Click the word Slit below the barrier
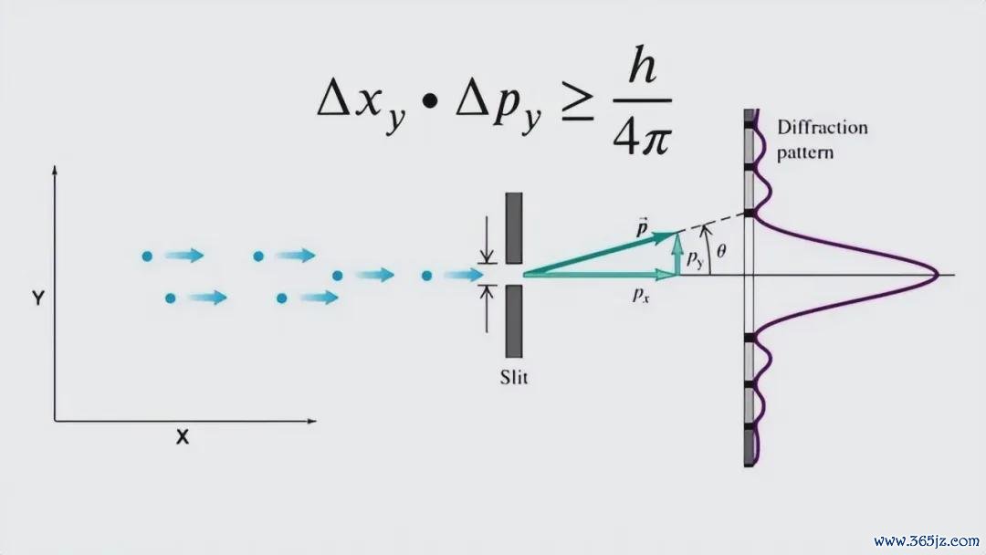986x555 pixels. [x=514, y=377]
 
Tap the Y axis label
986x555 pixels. [x=38, y=298]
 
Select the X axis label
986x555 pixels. [x=183, y=437]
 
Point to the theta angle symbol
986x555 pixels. [x=721, y=251]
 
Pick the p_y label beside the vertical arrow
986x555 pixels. [x=695, y=258]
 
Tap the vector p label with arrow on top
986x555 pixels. [x=642, y=227]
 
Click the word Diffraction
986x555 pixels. [x=823, y=128]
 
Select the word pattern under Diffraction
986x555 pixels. [x=805, y=152]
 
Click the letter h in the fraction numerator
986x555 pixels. [x=643, y=65]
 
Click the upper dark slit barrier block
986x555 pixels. [x=514, y=228]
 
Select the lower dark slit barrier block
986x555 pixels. [x=514, y=320]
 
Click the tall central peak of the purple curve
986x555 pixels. [x=936, y=275]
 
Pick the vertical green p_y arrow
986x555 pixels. [x=677, y=254]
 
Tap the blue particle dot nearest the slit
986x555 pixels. [x=427, y=276]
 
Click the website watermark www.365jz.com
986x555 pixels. [x=927, y=540]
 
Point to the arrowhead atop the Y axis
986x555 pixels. [x=55, y=170]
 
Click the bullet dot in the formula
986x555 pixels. [x=430, y=102]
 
